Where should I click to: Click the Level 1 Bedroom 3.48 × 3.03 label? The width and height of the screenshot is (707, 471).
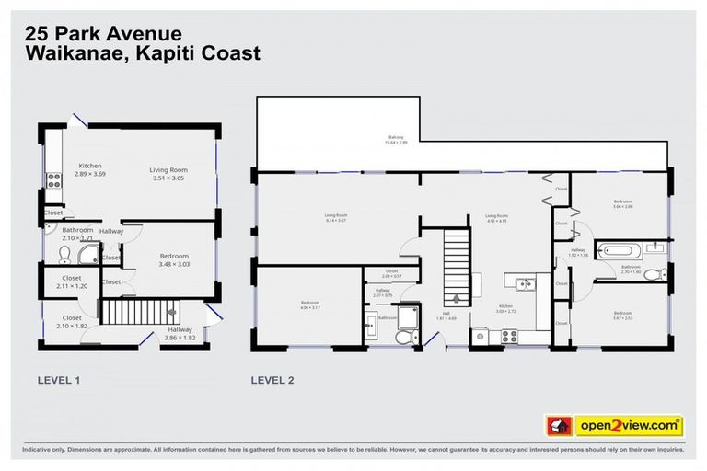[x=173, y=260]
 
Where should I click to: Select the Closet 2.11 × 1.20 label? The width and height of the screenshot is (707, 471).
[x=72, y=281]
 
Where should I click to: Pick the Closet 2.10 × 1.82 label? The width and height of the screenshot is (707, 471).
[x=72, y=322]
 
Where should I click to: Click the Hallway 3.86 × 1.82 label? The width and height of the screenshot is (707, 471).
[x=180, y=334]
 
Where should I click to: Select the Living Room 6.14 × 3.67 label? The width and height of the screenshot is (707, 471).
[x=335, y=218]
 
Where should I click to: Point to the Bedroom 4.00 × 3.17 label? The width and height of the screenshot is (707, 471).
[x=309, y=305]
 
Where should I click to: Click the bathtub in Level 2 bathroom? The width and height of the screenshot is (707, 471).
[x=611, y=248]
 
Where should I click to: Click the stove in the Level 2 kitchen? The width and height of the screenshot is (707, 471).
[x=507, y=338]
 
